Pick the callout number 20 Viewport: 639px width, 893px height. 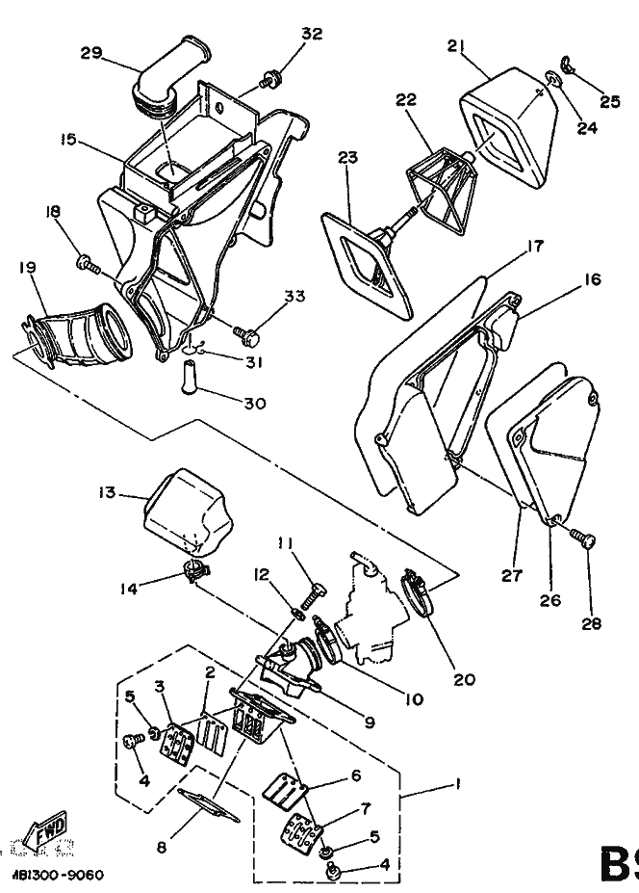click(x=464, y=678)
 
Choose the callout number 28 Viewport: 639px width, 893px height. click(x=591, y=622)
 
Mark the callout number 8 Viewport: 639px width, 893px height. click(x=162, y=848)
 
